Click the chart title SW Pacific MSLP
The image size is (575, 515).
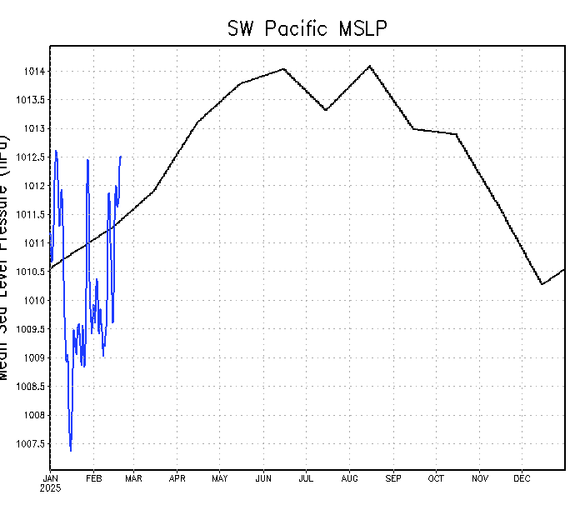coord(307,28)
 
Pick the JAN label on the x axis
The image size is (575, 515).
coord(50,478)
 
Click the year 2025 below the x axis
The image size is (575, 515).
coord(50,487)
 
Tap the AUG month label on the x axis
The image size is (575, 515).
coord(349,478)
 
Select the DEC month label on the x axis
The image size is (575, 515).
coord(522,478)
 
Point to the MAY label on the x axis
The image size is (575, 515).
coord(220,478)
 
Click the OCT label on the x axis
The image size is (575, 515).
coord(436,478)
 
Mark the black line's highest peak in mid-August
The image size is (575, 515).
coord(369,65)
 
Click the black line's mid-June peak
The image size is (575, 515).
coord(283,68)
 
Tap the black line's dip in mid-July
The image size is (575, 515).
coord(326,110)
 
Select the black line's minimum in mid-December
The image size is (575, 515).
coord(542,284)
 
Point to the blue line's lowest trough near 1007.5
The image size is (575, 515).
coord(70,451)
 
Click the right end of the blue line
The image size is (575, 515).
coord(121,156)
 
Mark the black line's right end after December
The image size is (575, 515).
coord(564,269)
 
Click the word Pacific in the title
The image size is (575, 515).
coord(298,28)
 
